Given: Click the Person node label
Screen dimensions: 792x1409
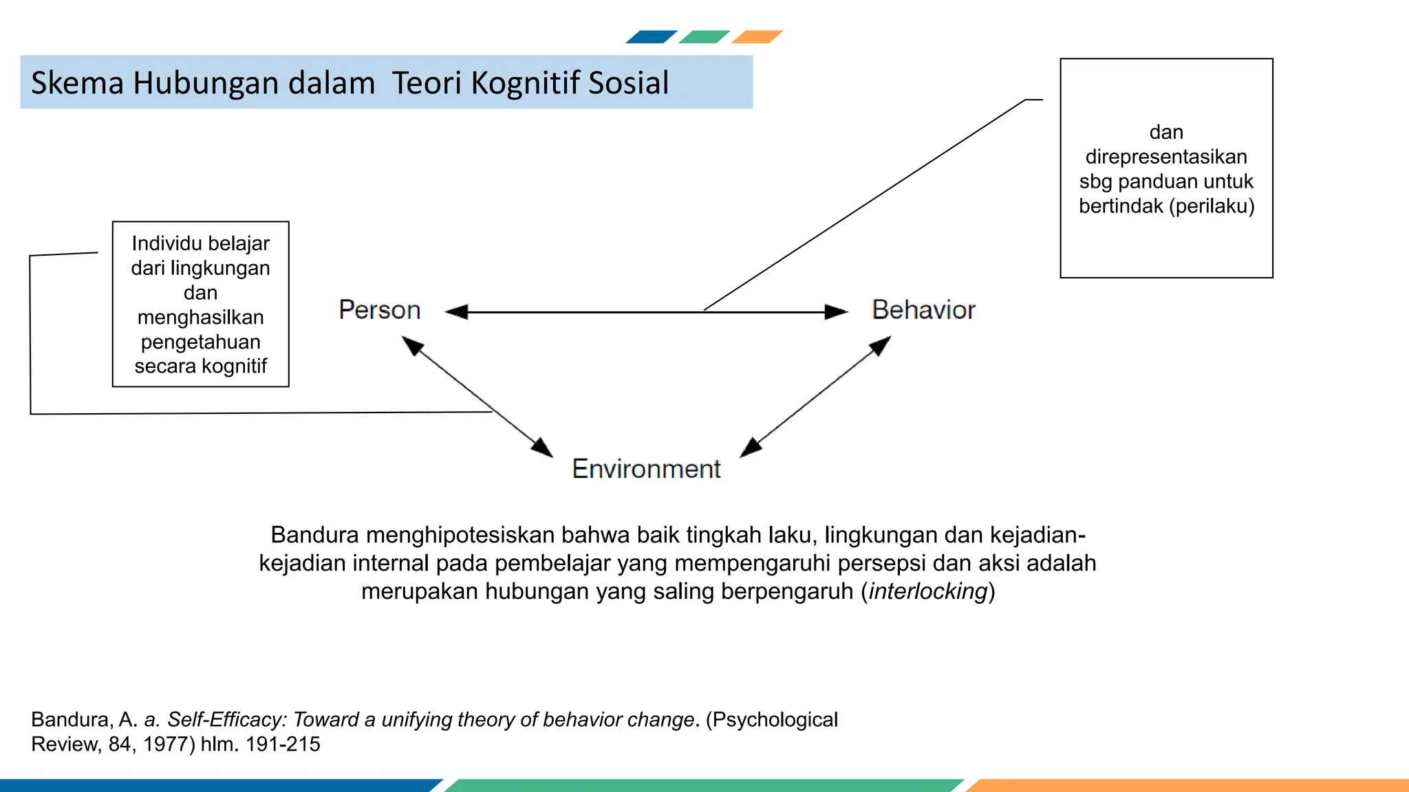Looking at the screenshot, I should (x=379, y=310).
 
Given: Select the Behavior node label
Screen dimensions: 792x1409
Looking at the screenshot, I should (x=923, y=310).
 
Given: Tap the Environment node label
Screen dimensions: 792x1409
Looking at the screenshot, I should (x=646, y=469).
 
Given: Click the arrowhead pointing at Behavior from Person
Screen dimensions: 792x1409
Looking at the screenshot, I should (x=837, y=312).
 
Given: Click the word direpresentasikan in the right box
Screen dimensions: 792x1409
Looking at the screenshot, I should (x=1166, y=157).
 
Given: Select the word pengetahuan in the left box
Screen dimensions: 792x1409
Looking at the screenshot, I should (x=200, y=342).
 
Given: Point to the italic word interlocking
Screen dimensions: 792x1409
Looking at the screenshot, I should (x=928, y=591).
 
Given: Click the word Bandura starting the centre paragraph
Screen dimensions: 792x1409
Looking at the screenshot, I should (x=314, y=535).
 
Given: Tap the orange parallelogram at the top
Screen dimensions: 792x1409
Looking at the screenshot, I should (x=757, y=37).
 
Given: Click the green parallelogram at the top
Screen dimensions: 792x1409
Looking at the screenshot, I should (x=704, y=37).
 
